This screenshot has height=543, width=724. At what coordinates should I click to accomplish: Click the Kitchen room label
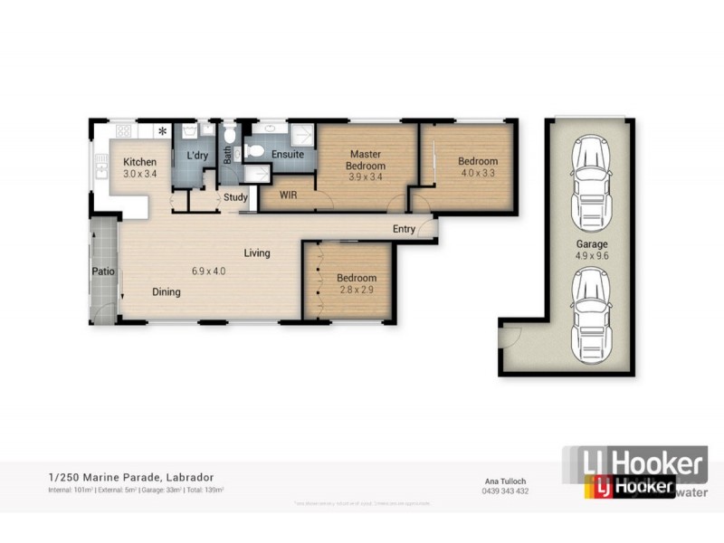click(139, 162)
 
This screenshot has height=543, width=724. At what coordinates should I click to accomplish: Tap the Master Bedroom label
click(367, 160)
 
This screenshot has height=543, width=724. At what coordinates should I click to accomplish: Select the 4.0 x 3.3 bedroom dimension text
click(479, 173)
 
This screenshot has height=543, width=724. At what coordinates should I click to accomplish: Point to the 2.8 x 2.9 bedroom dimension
click(356, 291)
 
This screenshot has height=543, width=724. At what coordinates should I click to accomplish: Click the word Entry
click(404, 229)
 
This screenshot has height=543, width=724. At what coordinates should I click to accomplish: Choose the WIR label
click(289, 195)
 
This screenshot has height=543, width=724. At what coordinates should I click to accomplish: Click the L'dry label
click(198, 156)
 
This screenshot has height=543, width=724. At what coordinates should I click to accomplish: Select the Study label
click(235, 196)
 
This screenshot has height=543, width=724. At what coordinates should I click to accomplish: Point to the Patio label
click(100, 271)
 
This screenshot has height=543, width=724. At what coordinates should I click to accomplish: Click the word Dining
click(166, 292)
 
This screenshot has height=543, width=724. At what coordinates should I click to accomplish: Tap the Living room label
click(257, 253)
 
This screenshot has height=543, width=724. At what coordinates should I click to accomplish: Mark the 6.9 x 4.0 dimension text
click(207, 271)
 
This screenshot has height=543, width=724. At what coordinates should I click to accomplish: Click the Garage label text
click(593, 244)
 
